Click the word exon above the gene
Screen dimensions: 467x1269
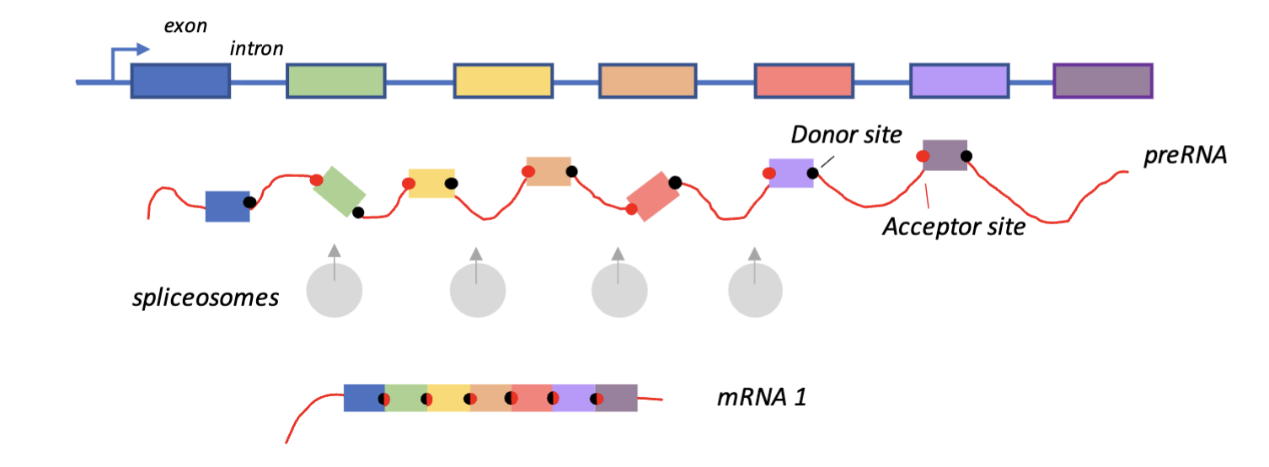click(185, 25)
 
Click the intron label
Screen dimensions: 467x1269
click(256, 48)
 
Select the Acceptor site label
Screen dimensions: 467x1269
click(953, 226)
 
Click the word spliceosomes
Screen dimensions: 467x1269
click(206, 298)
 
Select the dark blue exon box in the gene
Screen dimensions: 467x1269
click(180, 81)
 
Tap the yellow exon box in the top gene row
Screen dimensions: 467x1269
click(503, 81)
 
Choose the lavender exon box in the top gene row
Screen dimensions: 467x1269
click(960, 81)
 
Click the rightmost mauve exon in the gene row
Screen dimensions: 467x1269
click(1103, 81)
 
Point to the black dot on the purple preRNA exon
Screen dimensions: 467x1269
click(812, 174)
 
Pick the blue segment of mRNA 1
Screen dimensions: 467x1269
click(363, 398)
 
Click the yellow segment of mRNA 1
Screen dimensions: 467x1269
click(448, 398)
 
